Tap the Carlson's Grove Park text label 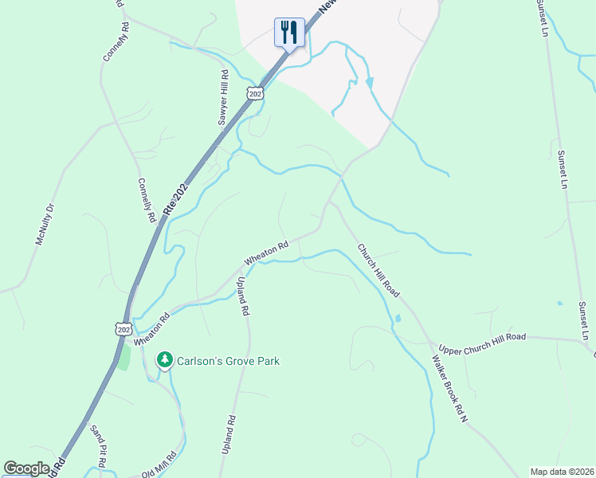pyautogui.click(x=229, y=361)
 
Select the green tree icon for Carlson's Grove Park pyautogui.click(x=165, y=361)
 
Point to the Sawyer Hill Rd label pyautogui.click(x=224, y=98)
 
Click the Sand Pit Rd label pyautogui.click(x=98, y=447)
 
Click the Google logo pyautogui.click(x=26, y=468)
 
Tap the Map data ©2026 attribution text pyautogui.click(x=562, y=472)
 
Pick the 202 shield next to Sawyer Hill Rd pyautogui.click(x=254, y=94)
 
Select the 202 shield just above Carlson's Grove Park pyautogui.click(x=123, y=329)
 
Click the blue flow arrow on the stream pyautogui.click(x=369, y=82)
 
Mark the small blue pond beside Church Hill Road pyautogui.click(x=398, y=319)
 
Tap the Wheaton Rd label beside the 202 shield pyautogui.click(x=152, y=329)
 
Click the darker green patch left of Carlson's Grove pyautogui.click(x=124, y=357)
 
